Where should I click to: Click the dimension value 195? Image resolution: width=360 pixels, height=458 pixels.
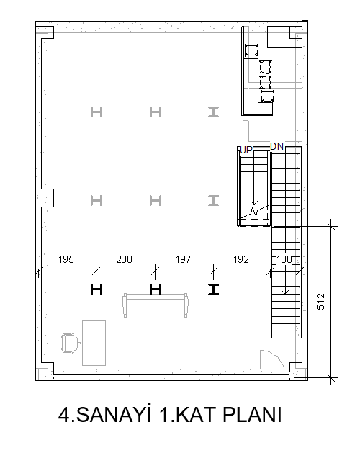(66, 259)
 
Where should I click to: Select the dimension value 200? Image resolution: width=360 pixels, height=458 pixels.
(124, 259)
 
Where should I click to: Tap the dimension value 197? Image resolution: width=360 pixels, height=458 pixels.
(184, 259)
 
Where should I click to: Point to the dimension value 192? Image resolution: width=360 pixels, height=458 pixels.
(241, 259)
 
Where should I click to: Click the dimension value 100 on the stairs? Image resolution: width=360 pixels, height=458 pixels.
(284, 259)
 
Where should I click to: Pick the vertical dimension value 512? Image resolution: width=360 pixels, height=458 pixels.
(320, 301)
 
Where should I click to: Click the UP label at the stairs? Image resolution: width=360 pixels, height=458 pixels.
(246, 150)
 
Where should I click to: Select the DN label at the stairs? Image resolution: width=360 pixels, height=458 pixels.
(276, 146)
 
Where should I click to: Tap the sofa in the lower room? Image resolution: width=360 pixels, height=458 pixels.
(156, 305)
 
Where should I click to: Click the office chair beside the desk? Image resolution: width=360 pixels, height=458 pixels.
(71, 343)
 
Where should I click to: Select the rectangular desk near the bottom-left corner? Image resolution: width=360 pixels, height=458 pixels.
(94, 343)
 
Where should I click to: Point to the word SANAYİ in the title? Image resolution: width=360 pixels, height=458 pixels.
(114, 414)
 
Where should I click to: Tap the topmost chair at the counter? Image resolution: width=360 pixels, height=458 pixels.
(251, 50)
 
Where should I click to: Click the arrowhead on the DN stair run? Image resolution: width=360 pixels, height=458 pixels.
(285, 292)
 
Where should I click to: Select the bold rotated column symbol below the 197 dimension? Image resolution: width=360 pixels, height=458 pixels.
(213, 289)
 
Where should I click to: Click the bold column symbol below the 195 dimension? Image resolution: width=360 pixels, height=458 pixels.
(96, 289)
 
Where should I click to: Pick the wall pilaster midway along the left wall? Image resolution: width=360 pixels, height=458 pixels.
(48, 198)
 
